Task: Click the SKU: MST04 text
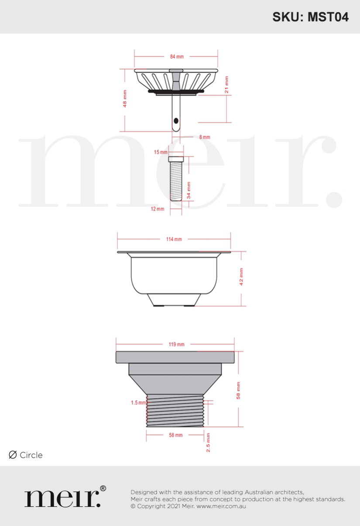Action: tap(310, 17)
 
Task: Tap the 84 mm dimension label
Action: tap(176, 56)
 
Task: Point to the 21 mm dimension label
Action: tap(226, 84)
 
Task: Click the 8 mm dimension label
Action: tap(205, 137)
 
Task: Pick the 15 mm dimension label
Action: tap(161, 152)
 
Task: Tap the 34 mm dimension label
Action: tap(189, 191)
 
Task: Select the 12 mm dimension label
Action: tap(158, 209)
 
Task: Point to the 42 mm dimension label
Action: tap(241, 276)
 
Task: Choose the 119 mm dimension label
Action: tap(176, 344)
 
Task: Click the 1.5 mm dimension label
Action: tap(138, 402)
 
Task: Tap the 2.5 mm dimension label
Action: tap(208, 443)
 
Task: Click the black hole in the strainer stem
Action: tap(176, 120)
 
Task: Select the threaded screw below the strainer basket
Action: tap(175, 178)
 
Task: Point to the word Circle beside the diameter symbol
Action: tap(31, 455)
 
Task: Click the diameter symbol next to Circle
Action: tap(13, 455)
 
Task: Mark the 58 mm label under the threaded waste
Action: tap(176, 435)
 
